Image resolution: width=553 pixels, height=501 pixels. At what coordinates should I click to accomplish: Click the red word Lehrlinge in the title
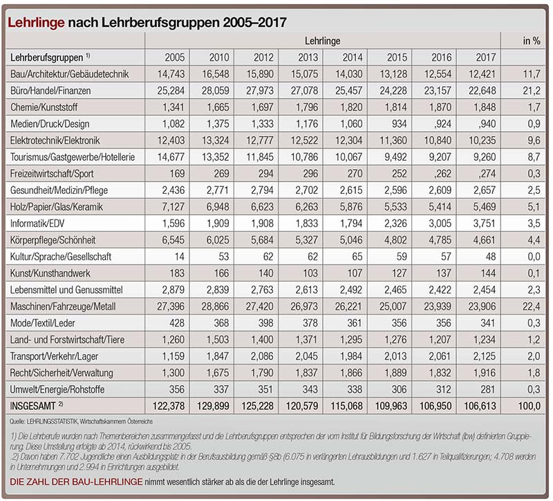pyautogui.click(x=36, y=23)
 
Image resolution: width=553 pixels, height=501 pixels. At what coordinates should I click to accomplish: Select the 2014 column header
pyautogui.click(x=353, y=57)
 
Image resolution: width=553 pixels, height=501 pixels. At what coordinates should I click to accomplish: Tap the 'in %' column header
pyautogui.click(x=532, y=41)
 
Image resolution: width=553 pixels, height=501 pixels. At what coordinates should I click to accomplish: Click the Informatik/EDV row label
pyautogui.click(x=37, y=224)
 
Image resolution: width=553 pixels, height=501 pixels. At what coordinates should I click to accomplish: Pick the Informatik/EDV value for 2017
pyautogui.click(x=482, y=224)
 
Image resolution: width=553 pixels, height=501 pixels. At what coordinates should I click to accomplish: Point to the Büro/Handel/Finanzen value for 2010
pyautogui.click(x=216, y=91)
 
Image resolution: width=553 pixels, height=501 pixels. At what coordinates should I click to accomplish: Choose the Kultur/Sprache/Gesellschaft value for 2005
pyautogui.click(x=179, y=257)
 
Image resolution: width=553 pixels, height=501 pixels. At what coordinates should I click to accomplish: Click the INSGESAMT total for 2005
pyautogui.click(x=169, y=406)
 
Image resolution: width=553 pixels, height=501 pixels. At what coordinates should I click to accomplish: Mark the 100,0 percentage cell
pyautogui.click(x=529, y=406)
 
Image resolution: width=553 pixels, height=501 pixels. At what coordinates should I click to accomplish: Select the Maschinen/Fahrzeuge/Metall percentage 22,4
pyautogui.click(x=531, y=306)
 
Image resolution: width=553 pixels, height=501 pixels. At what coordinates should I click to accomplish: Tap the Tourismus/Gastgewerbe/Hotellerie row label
pyautogui.click(x=73, y=157)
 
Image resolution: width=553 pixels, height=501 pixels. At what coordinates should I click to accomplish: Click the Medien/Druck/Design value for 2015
pyautogui.click(x=396, y=124)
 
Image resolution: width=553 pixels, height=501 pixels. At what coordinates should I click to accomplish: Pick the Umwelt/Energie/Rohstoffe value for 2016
pyautogui.click(x=443, y=389)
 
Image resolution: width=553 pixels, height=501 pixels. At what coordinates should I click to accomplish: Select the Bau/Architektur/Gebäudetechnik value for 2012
pyautogui.click(x=260, y=74)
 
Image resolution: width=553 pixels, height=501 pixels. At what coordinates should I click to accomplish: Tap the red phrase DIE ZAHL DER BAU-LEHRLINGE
pyautogui.click(x=76, y=482)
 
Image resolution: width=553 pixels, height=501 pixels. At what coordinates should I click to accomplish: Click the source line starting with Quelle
pyautogui.click(x=81, y=422)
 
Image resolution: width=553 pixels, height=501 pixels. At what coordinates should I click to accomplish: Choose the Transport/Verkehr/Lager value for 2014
pyautogui.click(x=351, y=356)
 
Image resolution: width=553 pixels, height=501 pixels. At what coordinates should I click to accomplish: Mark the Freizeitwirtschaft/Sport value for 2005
pyautogui.click(x=177, y=174)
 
